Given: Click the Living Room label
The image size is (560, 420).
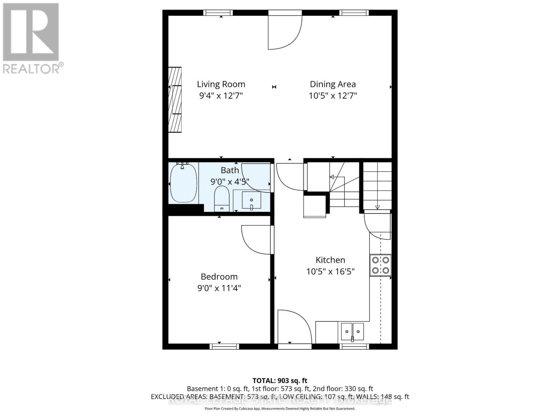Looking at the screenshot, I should point(221,84).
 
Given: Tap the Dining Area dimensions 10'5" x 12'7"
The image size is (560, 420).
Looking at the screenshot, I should point(332,96).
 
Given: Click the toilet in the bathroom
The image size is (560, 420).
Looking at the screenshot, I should point(221,199).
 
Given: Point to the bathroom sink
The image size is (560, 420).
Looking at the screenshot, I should point(251,201).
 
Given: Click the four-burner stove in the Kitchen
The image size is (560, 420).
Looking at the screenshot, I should point(380,265).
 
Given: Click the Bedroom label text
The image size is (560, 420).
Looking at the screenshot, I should point(219,276).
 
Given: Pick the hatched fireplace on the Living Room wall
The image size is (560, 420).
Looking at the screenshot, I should point(175,99).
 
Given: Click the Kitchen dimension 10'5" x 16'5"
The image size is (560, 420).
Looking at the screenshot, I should point(330,271).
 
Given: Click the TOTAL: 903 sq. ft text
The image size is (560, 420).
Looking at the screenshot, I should point(280,380).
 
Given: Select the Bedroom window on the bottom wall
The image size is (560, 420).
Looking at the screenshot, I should point(224,346).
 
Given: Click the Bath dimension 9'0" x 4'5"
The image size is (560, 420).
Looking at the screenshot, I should point(230,182).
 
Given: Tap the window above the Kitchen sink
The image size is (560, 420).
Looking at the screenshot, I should point(355,346).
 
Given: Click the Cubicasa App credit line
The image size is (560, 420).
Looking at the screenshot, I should point(280,409).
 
